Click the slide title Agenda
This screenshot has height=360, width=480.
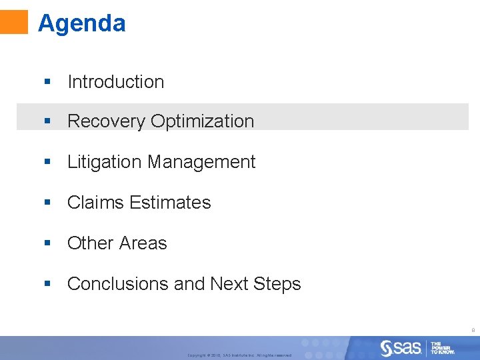pos(81,23)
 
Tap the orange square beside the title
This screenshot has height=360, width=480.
pos(14,21)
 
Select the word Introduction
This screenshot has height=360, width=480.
pos(115,82)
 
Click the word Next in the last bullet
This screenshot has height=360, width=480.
pos(229,284)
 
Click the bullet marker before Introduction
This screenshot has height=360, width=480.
pos(47,82)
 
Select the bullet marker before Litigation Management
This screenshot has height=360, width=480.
pos(47,162)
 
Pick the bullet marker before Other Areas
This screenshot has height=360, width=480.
pos(47,243)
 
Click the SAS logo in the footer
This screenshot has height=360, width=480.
pos(401,347)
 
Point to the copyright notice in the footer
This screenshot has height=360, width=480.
pos(239,355)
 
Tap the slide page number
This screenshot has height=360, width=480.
pos(473,329)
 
